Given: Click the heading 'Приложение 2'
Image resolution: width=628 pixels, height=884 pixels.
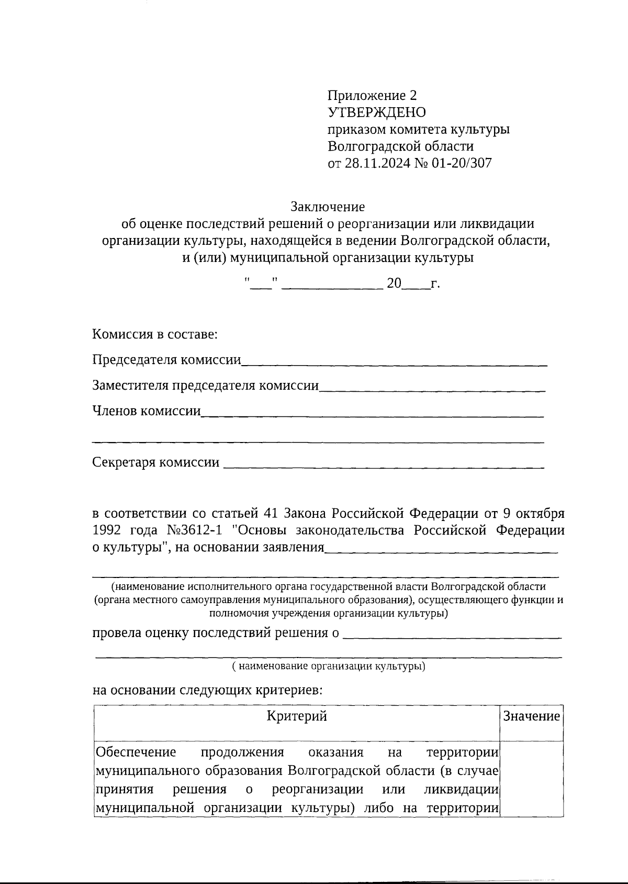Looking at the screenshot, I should [x=372, y=96].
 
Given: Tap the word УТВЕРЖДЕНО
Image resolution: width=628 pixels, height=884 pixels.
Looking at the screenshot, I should [x=377, y=112].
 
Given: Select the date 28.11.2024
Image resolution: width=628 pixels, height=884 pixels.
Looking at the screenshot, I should [x=377, y=163].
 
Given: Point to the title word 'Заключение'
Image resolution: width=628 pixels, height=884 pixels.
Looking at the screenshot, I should [x=328, y=207].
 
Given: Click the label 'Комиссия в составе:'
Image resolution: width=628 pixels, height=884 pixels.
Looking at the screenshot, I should [x=155, y=334].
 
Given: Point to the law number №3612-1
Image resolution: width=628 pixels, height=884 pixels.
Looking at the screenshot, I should [x=194, y=530].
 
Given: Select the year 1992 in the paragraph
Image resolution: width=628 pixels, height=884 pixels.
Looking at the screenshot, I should [x=107, y=530].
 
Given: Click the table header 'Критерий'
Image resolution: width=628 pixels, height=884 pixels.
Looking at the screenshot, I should [x=297, y=716].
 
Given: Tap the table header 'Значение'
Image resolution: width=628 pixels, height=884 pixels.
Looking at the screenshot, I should [x=531, y=716].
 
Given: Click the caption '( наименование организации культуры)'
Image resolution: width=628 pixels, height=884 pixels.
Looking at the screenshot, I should [x=329, y=666].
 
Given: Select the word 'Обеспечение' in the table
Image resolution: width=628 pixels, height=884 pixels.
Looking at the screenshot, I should [x=136, y=753].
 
